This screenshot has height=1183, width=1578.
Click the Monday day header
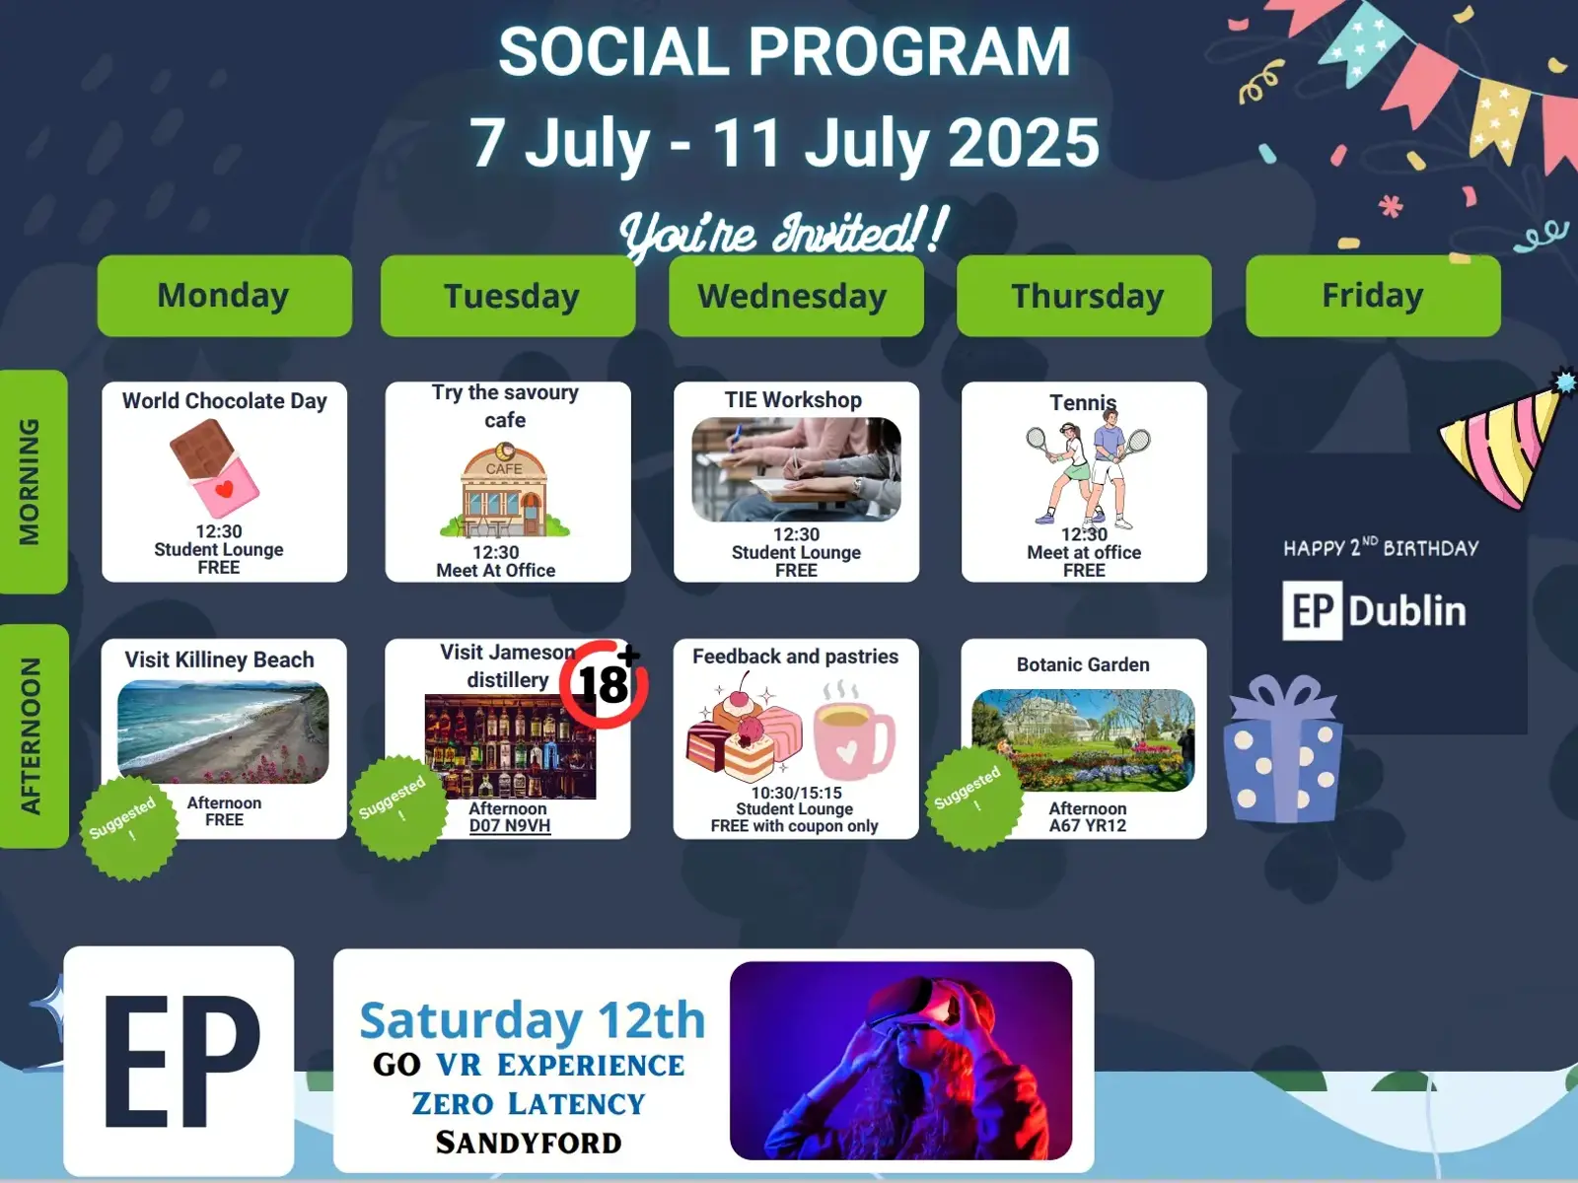[x=224, y=296]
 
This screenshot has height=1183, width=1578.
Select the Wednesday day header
[x=796, y=296]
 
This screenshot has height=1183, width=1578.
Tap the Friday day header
[x=1373, y=296]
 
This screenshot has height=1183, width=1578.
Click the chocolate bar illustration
[x=214, y=467]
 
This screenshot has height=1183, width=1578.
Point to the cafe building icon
[x=505, y=490]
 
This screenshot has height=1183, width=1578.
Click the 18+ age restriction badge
[x=604, y=684]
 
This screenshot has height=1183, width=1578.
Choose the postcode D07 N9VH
[x=510, y=826]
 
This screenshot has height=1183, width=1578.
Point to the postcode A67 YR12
[x=1087, y=826]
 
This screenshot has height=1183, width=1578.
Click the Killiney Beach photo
[x=223, y=731]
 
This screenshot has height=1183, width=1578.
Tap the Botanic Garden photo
[x=1083, y=740]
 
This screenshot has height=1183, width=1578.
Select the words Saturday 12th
[x=533, y=1020]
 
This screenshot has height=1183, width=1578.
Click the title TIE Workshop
[x=793, y=400]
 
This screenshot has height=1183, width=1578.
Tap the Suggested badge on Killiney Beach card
[x=128, y=827]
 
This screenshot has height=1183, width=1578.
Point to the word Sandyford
[x=529, y=1142]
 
